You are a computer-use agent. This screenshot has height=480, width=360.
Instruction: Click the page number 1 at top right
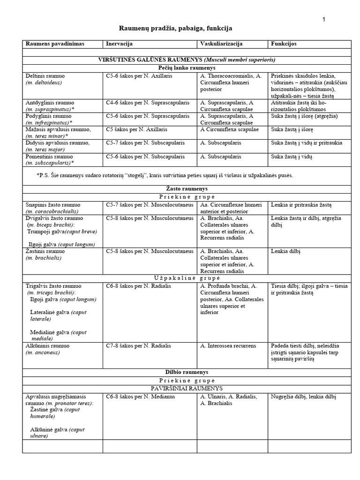pos(323,19)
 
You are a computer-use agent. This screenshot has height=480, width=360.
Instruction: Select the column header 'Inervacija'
pos(119,44)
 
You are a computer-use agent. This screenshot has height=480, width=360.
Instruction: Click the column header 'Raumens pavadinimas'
pos(55,44)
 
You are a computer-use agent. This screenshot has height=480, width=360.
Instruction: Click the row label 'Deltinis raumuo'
pos(46,75)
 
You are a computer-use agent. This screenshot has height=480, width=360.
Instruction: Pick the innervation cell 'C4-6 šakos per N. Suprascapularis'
pos(148,102)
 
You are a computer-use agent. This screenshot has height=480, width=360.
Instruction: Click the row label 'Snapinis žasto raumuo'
pos(53,205)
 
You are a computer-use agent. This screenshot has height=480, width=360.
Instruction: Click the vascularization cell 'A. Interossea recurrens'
pos(228,346)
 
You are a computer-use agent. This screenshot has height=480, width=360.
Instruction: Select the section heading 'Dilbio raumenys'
pos(186,372)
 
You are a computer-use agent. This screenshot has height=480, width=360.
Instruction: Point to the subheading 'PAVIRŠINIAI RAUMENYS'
pos(186,389)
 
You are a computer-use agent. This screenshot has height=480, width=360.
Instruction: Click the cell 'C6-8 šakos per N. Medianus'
pos(141,397)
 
